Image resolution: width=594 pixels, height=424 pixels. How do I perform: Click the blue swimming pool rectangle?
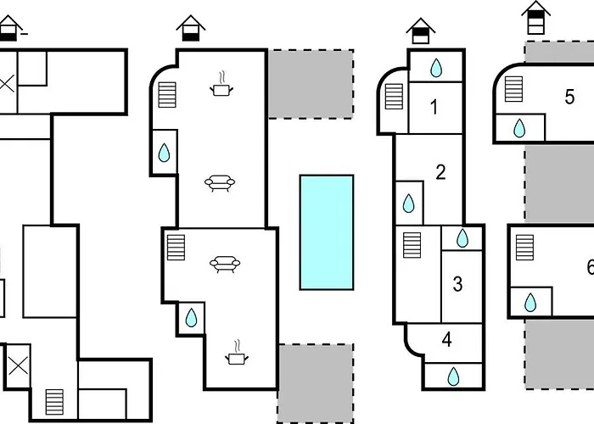pyautogui.click(x=327, y=232)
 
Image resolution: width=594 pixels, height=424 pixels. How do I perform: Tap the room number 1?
pyautogui.click(x=434, y=107)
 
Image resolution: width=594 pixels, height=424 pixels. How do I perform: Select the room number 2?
pyautogui.click(x=440, y=172)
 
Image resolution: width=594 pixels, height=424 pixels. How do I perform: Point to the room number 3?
pyautogui.click(x=457, y=284)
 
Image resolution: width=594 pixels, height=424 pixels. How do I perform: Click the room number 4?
pyautogui.click(x=447, y=339)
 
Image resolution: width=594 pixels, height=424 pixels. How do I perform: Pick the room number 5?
pyautogui.click(x=569, y=97)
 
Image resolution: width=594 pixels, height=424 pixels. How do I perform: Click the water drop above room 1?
pyautogui.click(x=436, y=68)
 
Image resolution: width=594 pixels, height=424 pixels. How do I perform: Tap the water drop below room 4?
pyautogui.click(x=453, y=377)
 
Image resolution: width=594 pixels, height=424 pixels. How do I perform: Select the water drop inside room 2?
pyautogui.click(x=408, y=204)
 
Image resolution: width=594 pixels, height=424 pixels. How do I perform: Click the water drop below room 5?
pyautogui.click(x=519, y=128)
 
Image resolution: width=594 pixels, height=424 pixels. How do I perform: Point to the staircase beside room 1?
pyautogui.click(x=394, y=96)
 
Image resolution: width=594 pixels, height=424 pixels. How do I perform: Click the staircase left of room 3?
pyautogui.click(x=412, y=245)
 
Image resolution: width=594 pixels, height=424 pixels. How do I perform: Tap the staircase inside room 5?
pyautogui.click(x=513, y=89)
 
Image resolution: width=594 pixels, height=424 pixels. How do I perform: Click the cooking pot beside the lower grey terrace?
pyautogui.click(x=237, y=353)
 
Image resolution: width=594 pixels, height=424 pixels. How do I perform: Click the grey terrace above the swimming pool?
pyautogui.click(x=311, y=84)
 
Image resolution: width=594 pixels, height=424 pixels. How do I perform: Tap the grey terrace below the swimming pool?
pyautogui.click(x=316, y=383)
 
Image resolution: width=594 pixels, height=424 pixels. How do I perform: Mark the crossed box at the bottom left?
pyautogui.click(x=18, y=366)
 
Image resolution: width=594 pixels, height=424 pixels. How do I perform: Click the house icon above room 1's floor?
pyautogui.click(x=421, y=31)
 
